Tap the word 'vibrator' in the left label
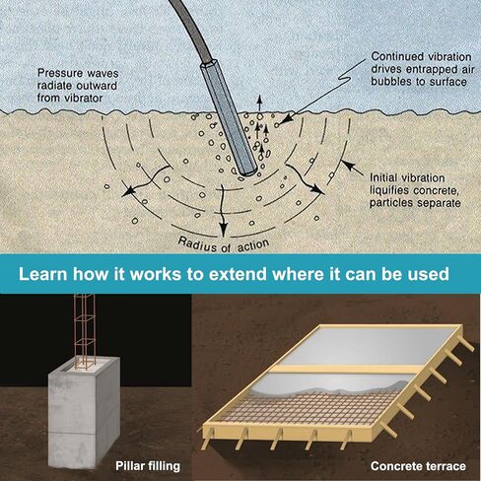tap(85, 98)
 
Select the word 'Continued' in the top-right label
tap(392, 56)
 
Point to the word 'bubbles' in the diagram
tap(388, 82)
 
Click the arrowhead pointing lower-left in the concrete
tap(128, 191)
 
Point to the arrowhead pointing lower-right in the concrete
tap(317, 189)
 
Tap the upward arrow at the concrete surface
tap(259, 104)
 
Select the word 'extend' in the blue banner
tap(238, 274)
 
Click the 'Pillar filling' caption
tap(148, 466)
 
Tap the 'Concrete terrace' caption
tap(418, 466)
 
